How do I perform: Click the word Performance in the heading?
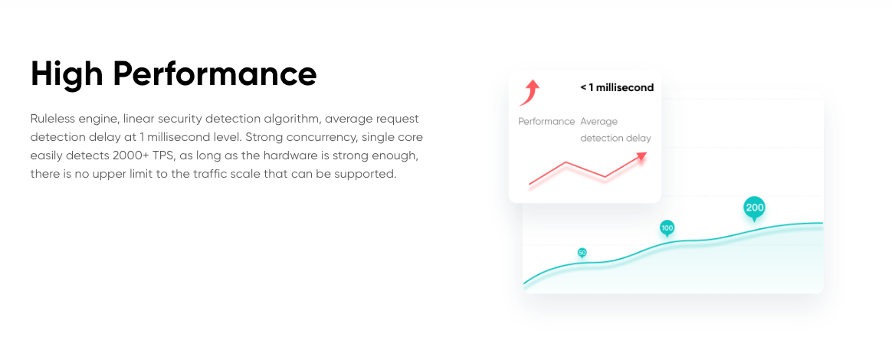(x=215, y=74)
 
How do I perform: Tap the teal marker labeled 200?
(x=754, y=208)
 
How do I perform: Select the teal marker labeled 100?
(x=667, y=228)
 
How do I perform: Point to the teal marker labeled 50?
(x=582, y=253)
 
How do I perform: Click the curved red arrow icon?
(x=529, y=93)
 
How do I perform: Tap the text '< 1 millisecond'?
(x=617, y=87)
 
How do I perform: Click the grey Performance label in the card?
(x=546, y=122)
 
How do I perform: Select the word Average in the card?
(x=599, y=122)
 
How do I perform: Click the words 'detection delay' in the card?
(x=615, y=138)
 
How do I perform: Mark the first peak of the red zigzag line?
(x=566, y=162)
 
